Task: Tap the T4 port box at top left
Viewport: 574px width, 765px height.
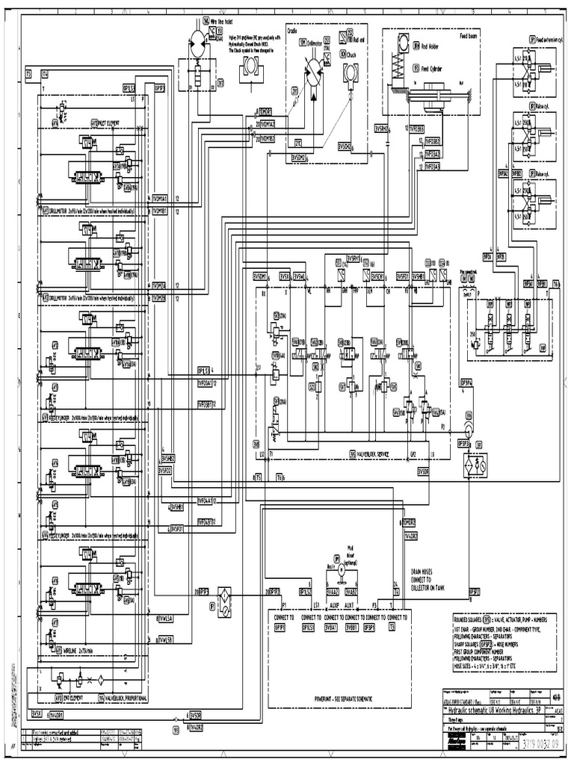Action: (x=44, y=74)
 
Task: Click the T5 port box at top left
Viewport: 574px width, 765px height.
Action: (x=28, y=74)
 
